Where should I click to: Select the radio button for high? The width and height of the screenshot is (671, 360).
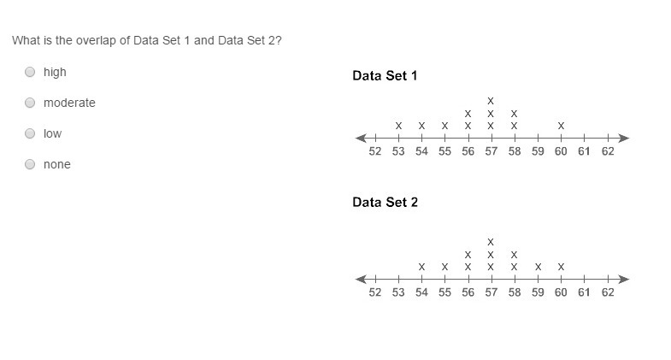(x=30, y=72)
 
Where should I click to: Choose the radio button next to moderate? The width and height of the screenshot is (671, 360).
(x=30, y=103)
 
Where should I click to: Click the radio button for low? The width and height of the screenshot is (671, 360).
(x=30, y=133)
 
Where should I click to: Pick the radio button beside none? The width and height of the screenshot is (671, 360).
(x=30, y=164)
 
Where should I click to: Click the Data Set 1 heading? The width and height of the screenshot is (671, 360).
(x=385, y=76)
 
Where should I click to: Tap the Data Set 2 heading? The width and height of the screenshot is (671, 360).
(x=385, y=203)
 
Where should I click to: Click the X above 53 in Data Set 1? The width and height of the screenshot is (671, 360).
(x=398, y=126)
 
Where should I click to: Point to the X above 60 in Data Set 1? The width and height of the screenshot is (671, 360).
(x=561, y=126)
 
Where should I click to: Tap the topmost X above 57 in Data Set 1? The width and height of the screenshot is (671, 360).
(x=491, y=100)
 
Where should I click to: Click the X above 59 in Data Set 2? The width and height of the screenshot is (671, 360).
(x=538, y=267)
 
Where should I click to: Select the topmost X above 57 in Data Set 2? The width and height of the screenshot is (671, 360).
(x=491, y=241)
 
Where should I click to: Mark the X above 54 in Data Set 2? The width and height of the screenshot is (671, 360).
(x=421, y=267)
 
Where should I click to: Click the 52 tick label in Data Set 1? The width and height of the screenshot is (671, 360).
(x=374, y=152)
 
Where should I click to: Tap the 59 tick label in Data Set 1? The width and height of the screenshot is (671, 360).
(x=538, y=152)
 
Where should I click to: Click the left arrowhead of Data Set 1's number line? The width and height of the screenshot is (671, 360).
(x=361, y=138)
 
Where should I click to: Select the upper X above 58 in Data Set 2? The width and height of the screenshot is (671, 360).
(x=514, y=254)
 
